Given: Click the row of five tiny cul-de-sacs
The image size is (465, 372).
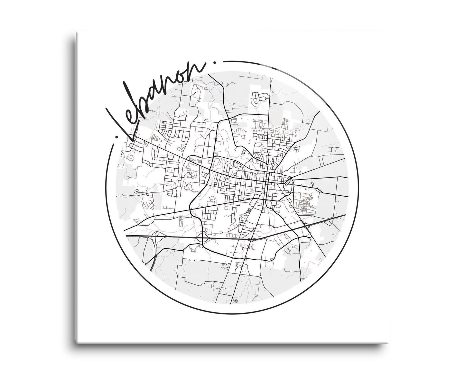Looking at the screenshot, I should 258,131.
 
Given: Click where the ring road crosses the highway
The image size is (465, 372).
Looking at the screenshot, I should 202,238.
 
